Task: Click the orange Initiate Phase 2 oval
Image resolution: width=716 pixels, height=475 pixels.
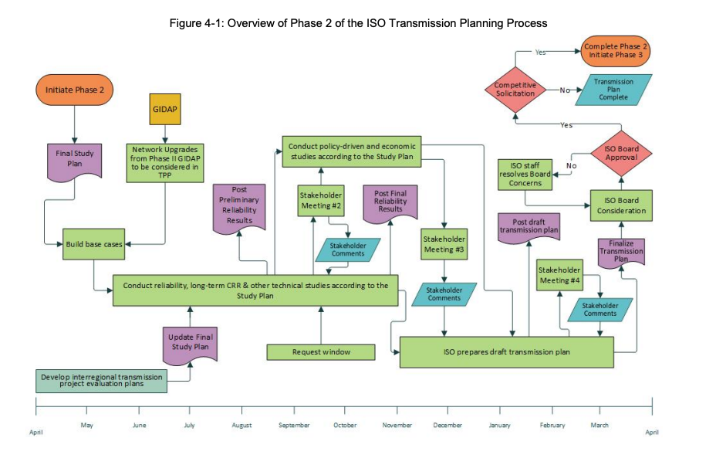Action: click(x=74, y=90)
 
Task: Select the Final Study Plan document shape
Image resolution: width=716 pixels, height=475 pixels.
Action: click(x=75, y=159)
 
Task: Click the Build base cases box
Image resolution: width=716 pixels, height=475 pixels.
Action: click(x=93, y=245)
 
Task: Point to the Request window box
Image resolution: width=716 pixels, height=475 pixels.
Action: click(x=321, y=352)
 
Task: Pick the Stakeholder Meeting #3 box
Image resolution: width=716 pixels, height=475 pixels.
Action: click(x=444, y=244)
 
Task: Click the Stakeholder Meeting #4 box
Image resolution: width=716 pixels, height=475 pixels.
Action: click(x=559, y=275)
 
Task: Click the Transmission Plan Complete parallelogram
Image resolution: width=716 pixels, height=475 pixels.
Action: click(x=613, y=90)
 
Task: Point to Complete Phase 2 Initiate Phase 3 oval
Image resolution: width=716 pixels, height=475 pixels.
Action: click(x=616, y=52)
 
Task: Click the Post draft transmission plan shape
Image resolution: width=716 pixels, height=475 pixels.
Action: click(x=529, y=226)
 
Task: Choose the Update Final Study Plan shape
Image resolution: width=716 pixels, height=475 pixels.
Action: click(x=190, y=342)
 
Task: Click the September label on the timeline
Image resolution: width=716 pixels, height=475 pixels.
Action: click(x=294, y=426)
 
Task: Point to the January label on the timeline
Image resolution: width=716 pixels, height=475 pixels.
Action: click(x=500, y=426)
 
